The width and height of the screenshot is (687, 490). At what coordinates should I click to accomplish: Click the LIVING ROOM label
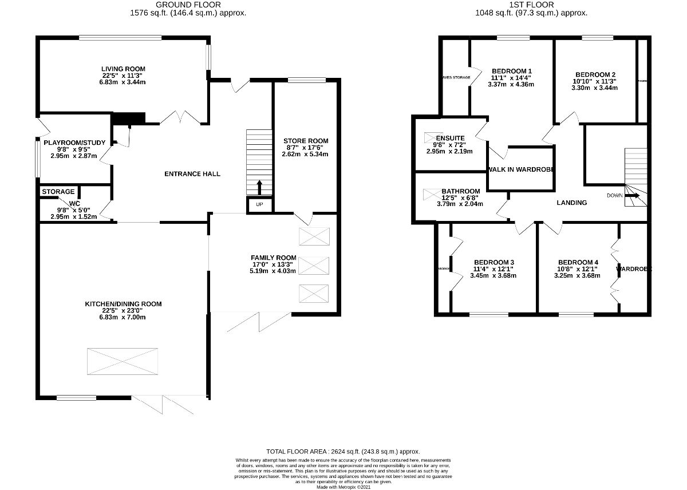click(x=121, y=68)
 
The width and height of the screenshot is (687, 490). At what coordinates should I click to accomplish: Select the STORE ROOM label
click(x=306, y=141)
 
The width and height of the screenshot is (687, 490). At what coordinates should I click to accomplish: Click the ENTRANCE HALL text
click(x=192, y=174)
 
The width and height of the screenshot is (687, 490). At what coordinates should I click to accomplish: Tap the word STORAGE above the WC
click(x=58, y=191)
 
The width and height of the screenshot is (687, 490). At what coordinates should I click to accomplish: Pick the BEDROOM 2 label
click(x=595, y=74)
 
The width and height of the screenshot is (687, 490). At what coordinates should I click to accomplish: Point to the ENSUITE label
click(x=450, y=138)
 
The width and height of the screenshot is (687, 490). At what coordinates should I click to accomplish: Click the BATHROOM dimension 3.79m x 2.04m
click(x=460, y=204)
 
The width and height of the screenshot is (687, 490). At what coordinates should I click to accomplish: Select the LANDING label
click(x=572, y=203)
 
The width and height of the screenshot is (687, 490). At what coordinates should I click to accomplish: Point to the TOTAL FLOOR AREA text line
click(x=343, y=452)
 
